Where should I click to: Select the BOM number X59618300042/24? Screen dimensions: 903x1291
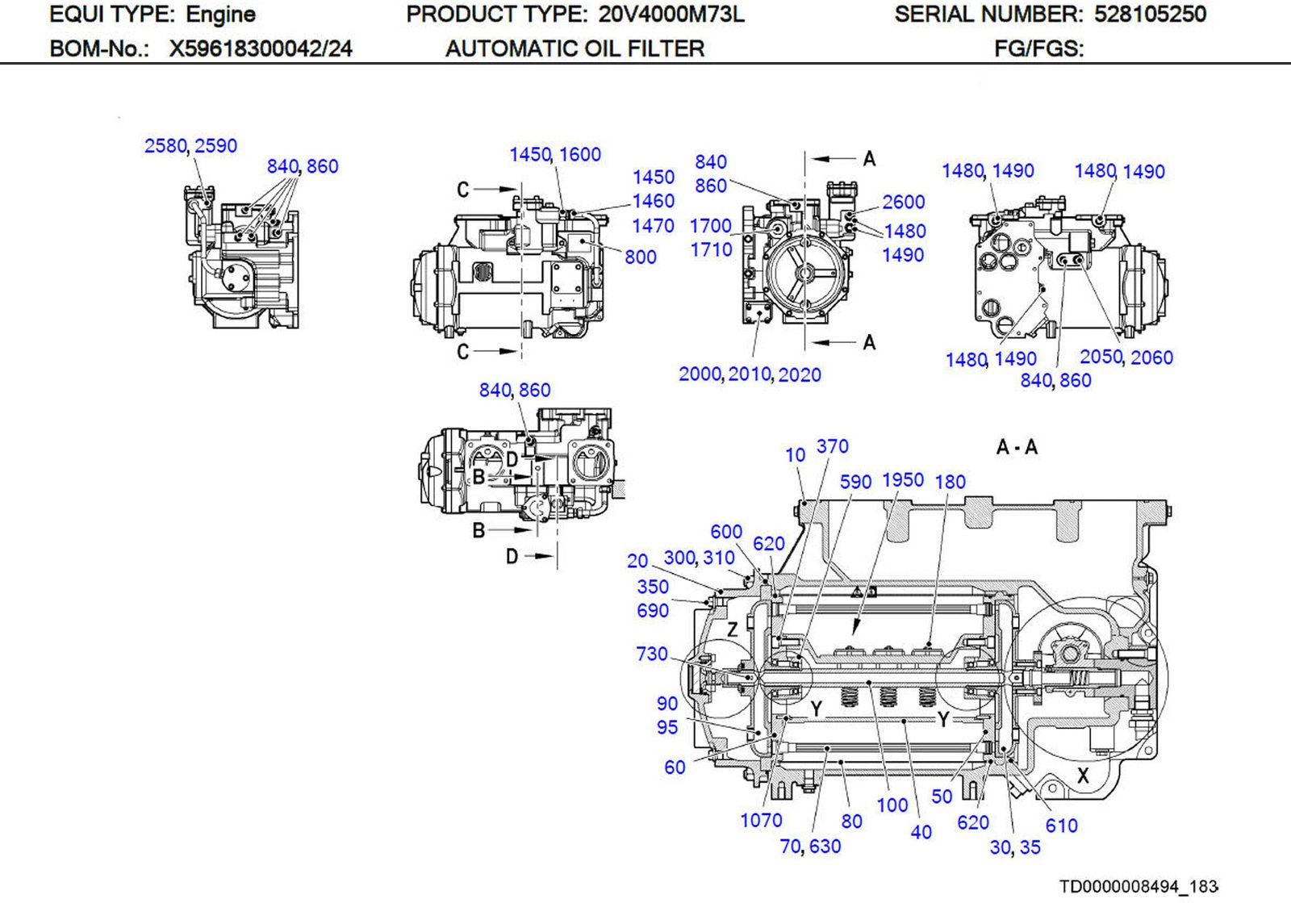pos(260,49)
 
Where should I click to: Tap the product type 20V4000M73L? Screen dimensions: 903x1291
pos(671,15)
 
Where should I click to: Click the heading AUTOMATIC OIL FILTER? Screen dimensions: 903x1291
pos(574,49)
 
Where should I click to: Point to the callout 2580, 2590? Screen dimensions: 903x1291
pos(190,146)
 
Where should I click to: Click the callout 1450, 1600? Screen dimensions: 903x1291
pos(554,154)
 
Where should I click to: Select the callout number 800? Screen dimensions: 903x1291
pos(640,257)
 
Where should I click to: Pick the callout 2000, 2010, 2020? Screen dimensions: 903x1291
pos(750,374)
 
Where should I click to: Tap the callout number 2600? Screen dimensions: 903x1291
pos(903,202)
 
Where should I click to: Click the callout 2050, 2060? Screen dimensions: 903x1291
pos(1126,357)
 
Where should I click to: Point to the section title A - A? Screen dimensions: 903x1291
pos(1017,447)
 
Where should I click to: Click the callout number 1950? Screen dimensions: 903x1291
pos(902,480)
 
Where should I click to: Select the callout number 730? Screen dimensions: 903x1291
pos(651,654)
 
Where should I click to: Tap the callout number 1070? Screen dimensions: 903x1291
pos(761,821)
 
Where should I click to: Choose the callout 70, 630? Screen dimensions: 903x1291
pos(810,847)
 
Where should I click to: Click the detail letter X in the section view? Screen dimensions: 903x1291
pos(1083,776)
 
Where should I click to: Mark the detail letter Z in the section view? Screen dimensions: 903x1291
pos(732,629)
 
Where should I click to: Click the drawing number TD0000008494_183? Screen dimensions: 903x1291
pos(1138,887)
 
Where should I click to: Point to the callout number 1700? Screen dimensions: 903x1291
pos(710,226)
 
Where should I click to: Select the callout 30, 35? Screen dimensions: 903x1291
pos(1015,847)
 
